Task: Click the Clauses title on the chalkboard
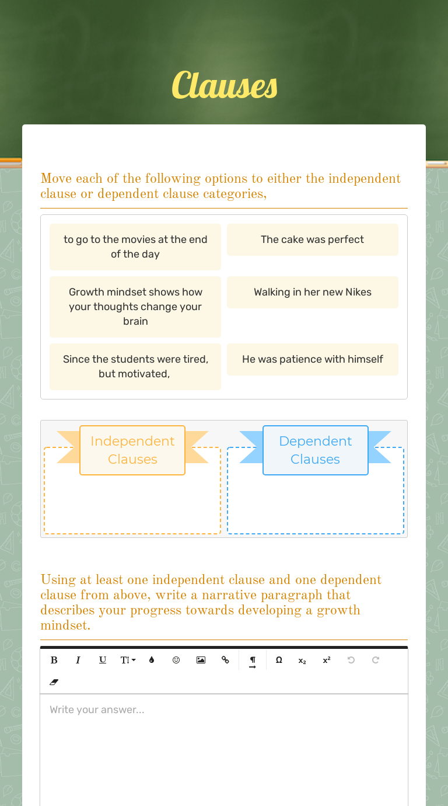click(x=225, y=85)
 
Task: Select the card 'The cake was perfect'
click(x=312, y=239)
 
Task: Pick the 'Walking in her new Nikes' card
click(x=312, y=292)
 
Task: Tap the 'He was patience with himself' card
click(x=312, y=359)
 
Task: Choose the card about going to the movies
click(x=135, y=246)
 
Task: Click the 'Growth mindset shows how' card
click(x=135, y=307)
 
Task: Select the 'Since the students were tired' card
click(x=135, y=366)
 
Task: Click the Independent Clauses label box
click(x=132, y=450)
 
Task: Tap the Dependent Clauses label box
click(x=315, y=450)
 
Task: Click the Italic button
click(x=78, y=660)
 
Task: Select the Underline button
click(x=103, y=660)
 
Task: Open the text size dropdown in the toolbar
click(x=128, y=660)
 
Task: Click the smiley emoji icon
click(x=176, y=660)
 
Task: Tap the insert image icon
click(x=201, y=660)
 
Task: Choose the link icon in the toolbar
click(x=225, y=660)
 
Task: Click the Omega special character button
click(x=279, y=660)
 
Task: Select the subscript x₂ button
click(x=302, y=661)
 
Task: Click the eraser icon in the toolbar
click(x=54, y=682)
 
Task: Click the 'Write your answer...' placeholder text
click(x=97, y=710)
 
